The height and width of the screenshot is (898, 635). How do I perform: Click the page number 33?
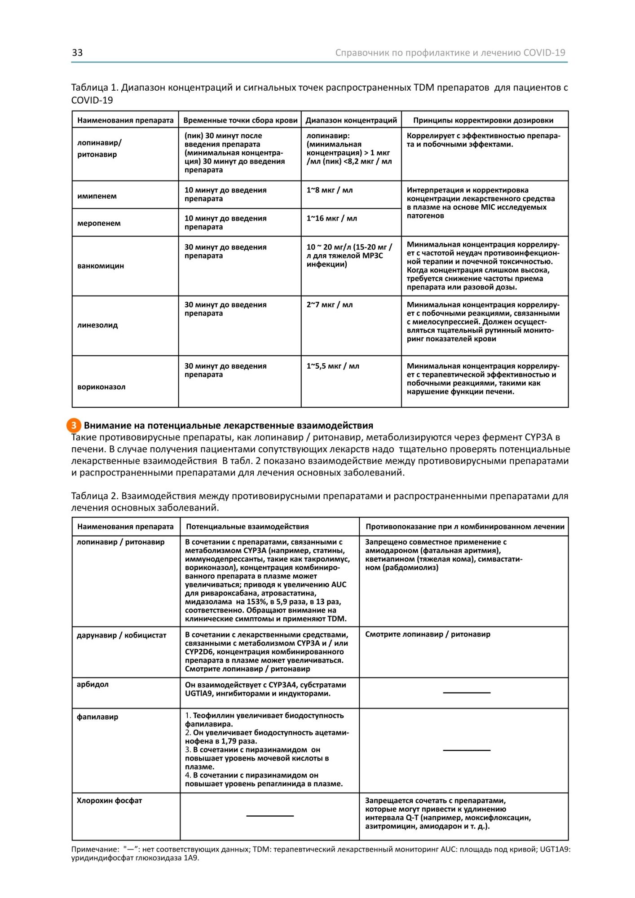77,53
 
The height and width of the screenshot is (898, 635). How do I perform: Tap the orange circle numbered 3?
74,425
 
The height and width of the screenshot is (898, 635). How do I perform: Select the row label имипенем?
97,196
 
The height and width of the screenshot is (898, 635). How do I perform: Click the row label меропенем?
99,223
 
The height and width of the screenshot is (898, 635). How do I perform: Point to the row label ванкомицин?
101,266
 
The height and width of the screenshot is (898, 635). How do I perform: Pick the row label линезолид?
97,325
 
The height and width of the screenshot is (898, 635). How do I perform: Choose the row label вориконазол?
101,387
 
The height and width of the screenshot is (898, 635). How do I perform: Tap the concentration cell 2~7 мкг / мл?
330,305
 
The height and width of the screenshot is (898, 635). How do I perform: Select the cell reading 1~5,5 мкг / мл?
333,366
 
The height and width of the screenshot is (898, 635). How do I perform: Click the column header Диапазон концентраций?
351,120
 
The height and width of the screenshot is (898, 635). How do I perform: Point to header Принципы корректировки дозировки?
483,120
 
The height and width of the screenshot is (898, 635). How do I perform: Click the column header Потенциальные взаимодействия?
247,527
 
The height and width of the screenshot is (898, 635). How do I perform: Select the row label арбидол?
93,684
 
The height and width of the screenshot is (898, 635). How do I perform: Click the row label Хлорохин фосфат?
109,801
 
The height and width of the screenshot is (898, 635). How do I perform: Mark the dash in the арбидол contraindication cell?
467,693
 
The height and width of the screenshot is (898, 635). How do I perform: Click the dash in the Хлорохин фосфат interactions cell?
270,816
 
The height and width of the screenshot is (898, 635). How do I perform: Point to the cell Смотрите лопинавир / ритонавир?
428,634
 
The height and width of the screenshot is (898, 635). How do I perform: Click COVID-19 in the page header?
544,53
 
